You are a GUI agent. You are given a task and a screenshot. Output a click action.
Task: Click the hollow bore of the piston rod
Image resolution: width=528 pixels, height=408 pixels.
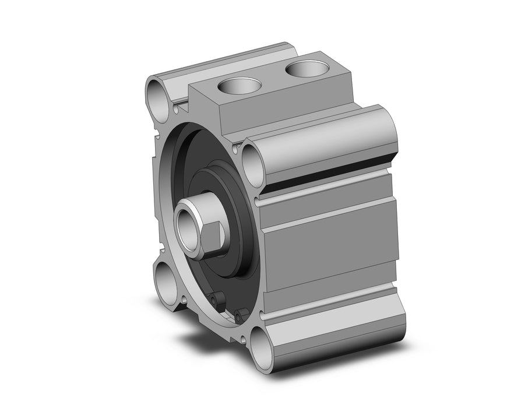click(x=189, y=222)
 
